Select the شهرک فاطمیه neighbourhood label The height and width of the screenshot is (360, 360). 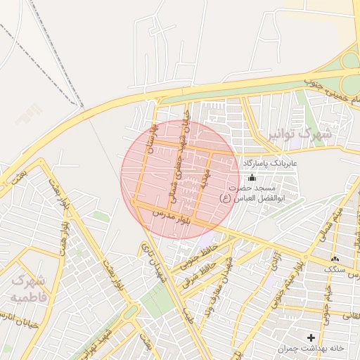pos(28,288)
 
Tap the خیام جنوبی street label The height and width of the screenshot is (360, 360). pos(326,307)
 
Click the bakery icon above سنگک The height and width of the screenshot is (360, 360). pos(333,259)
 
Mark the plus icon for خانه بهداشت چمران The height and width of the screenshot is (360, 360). pos(310,337)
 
